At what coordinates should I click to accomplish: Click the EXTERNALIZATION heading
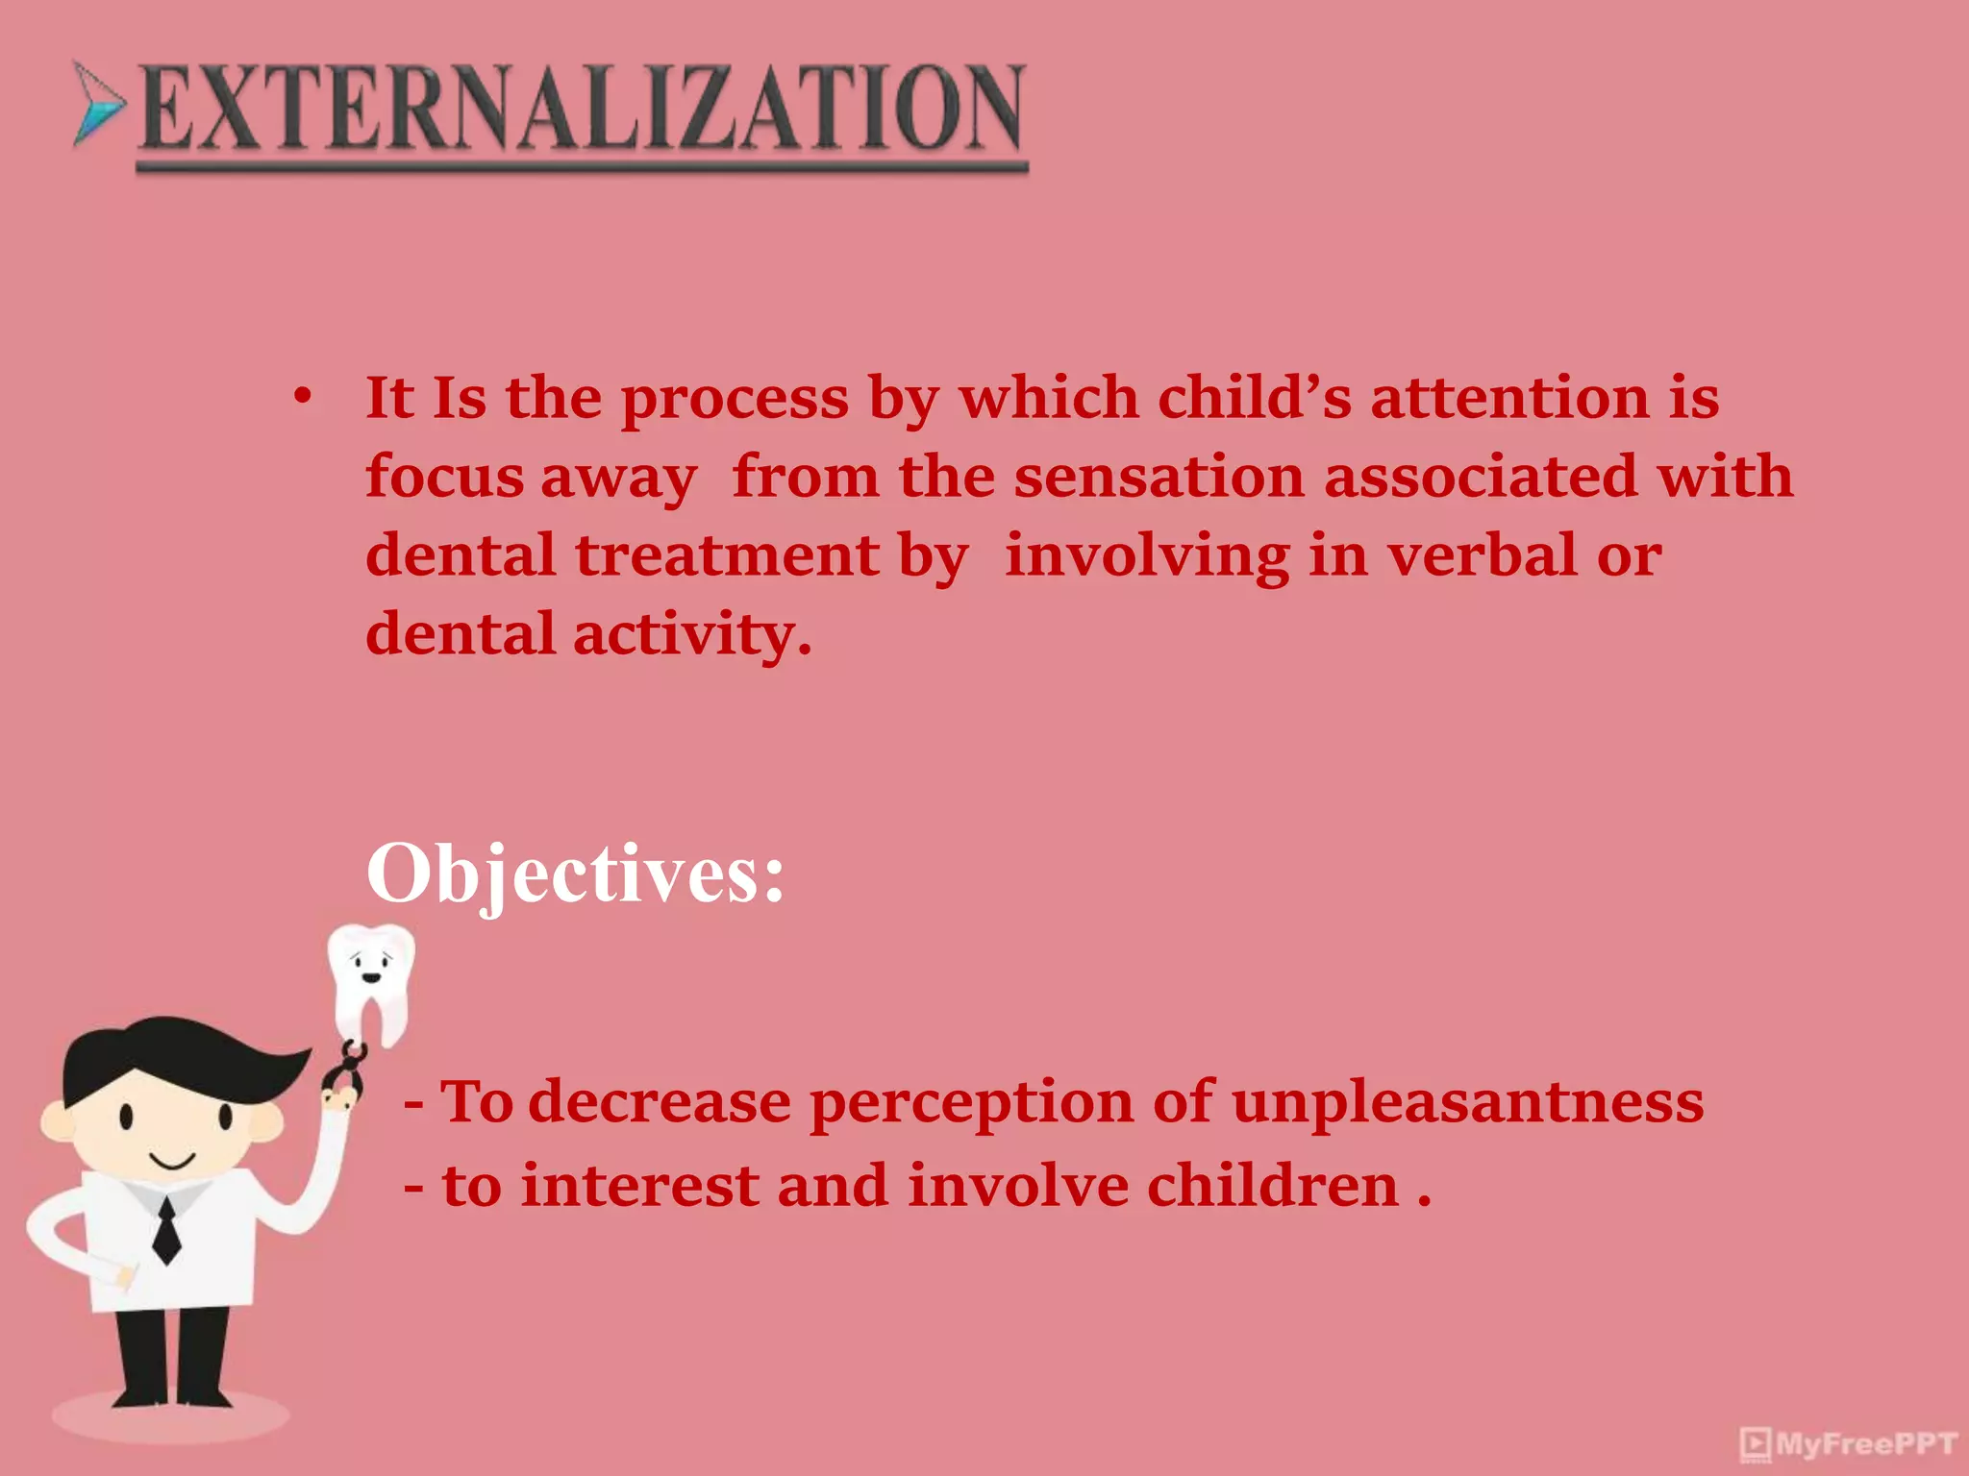click(x=583, y=109)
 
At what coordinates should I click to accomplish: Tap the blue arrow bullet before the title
click(x=99, y=104)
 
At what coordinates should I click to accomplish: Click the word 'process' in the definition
click(x=735, y=399)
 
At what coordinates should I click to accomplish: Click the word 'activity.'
click(x=692, y=635)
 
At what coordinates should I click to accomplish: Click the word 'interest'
click(x=639, y=1186)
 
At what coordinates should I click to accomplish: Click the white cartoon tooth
click(x=372, y=980)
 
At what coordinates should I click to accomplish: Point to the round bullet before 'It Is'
click(x=303, y=397)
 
